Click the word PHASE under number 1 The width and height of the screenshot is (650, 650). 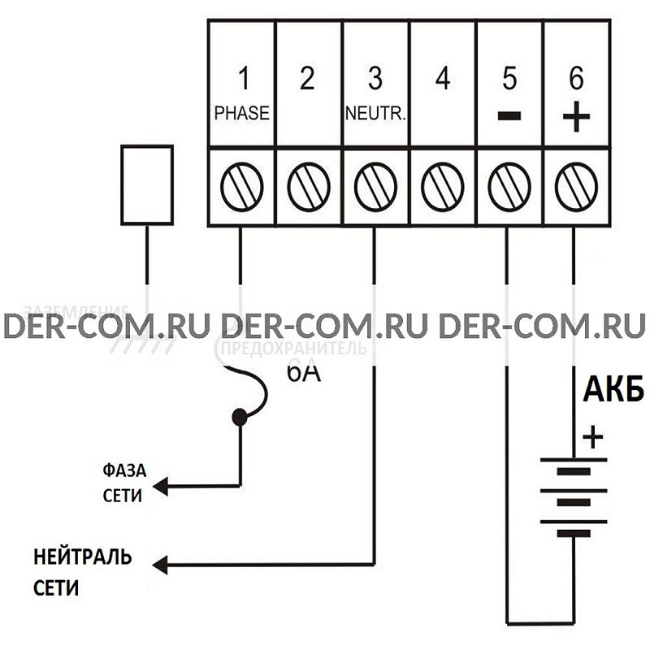pos(241,113)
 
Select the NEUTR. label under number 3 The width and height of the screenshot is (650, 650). pos(375,114)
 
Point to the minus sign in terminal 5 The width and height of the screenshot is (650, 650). pos(509,115)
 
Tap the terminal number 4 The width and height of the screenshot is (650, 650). pos(442,79)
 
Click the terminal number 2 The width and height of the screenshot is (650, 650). pos(307,79)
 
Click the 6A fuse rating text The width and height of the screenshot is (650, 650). pos(302,374)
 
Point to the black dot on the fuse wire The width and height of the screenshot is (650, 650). pos(240,418)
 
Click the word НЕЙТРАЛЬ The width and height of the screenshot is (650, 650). pos(82,558)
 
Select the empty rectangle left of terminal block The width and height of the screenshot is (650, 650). pos(146,184)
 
